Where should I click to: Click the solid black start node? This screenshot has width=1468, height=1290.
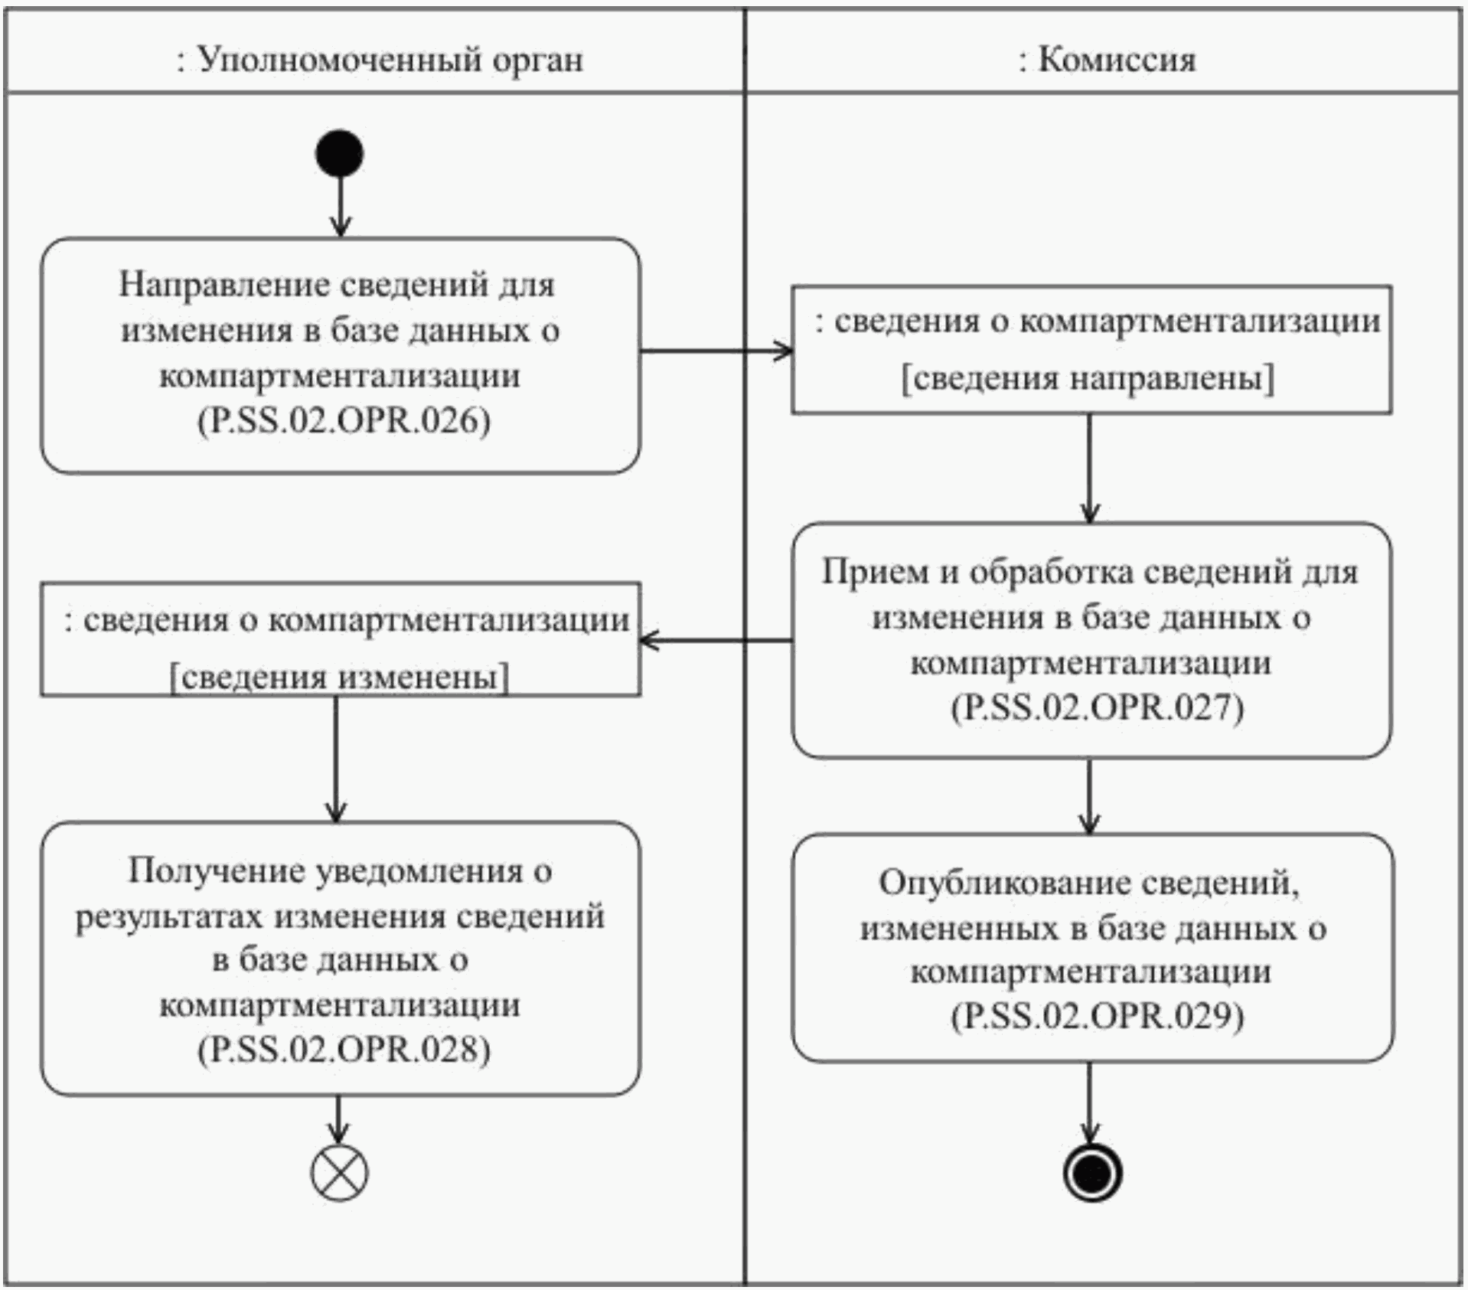click(340, 153)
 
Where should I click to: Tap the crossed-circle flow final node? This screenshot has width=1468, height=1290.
click(339, 1173)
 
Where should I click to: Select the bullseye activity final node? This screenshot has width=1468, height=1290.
click(1092, 1173)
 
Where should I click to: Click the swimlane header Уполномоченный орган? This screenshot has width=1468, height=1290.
click(380, 59)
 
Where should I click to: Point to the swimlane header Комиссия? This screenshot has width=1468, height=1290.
click(1107, 59)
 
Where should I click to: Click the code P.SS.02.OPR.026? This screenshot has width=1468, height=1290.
click(344, 420)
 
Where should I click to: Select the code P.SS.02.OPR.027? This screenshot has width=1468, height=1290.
click(1097, 707)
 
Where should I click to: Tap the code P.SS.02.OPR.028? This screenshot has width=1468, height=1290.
click(344, 1048)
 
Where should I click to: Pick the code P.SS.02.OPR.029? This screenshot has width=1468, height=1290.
click(1097, 1016)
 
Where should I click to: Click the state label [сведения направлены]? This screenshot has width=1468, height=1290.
click(1088, 378)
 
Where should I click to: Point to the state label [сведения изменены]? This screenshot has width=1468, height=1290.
click(339, 677)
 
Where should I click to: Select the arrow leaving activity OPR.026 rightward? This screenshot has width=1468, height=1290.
click(715, 351)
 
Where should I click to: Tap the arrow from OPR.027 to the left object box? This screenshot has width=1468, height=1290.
click(715, 640)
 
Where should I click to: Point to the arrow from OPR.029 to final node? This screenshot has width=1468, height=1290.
click(1088, 1102)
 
